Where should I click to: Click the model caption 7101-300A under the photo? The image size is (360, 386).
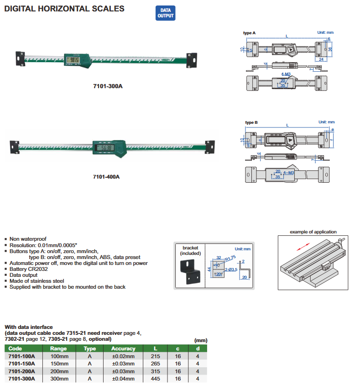tap(108, 86)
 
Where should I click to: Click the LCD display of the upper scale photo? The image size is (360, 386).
tap(73, 59)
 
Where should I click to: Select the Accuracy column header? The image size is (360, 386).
tap(123, 349)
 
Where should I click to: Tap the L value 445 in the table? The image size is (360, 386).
tap(155, 379)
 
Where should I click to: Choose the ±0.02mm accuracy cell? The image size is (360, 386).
tap(123, 356)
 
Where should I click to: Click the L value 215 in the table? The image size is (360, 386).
tap(155, 356)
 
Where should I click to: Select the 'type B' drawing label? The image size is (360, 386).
tap(251, 122)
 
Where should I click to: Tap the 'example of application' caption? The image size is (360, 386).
tap(313, 232)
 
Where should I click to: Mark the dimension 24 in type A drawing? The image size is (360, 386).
tap(321, 60)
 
